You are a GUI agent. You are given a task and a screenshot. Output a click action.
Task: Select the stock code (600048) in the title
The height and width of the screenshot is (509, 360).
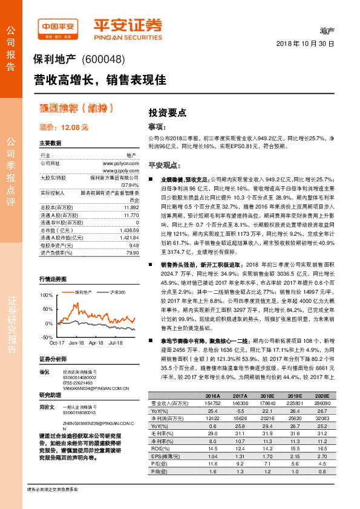pos(105,60)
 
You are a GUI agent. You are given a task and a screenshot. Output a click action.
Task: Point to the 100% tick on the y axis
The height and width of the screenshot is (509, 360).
pos(47,295)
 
